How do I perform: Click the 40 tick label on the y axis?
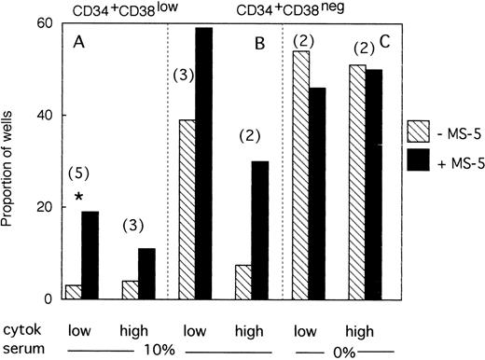pyautogui.click(x=44, y=116)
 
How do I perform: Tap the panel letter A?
pyautogui.click(x=78, y=42)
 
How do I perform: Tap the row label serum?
pyautogui.click(x=22, y=346)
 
